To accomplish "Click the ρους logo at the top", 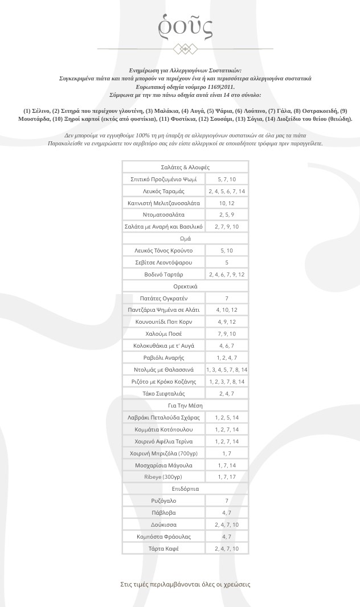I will [185, 26].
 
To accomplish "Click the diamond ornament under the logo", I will [185, 49].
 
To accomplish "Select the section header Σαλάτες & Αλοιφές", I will [185, 167].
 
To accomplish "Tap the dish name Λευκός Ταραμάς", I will [163, 191].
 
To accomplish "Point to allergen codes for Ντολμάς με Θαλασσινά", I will [227, 369].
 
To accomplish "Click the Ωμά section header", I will [185, 239].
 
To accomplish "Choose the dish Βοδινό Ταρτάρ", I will [163, 274].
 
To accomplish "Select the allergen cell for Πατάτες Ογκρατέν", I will [227, 298].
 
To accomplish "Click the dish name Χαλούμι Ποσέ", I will [163, 333].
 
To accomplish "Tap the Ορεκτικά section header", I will [185, 286].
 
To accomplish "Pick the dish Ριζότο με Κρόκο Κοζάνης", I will [163, 381].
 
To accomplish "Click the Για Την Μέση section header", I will [185, 405].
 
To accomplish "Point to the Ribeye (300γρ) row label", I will [163, 476].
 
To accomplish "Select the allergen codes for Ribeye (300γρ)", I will [227, 476].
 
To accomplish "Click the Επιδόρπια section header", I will [185, 488].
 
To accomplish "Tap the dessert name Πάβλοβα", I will [163, 512].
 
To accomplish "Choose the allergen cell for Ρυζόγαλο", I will [227, 500].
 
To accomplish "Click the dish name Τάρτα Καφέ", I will [163, 548].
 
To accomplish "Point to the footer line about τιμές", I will [185, 584].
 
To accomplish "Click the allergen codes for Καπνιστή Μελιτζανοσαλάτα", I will [227, 203].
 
